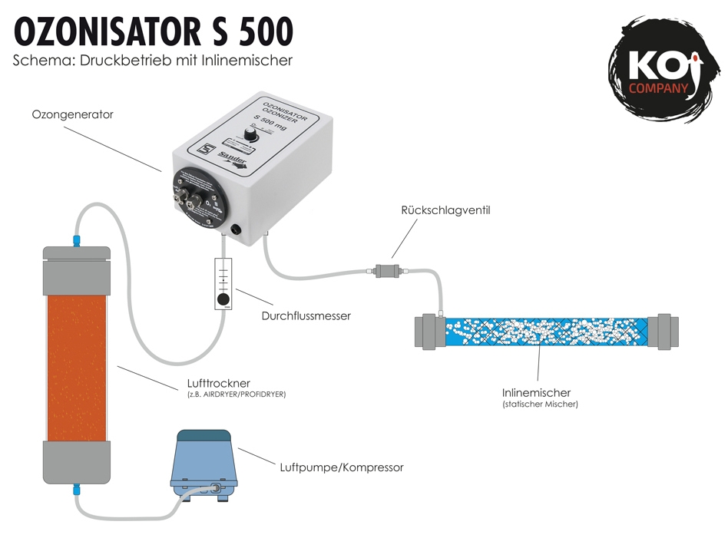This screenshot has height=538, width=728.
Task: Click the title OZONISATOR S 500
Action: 154,32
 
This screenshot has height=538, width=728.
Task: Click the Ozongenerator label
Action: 72,114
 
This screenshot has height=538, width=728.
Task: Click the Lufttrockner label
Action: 218,383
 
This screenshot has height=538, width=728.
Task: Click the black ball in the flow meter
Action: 223,299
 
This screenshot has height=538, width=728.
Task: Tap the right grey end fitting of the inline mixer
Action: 664,332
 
